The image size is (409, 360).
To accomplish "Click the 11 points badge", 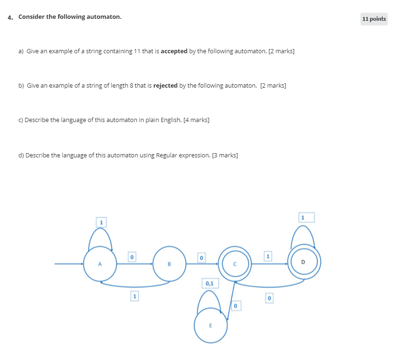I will coord(374,19).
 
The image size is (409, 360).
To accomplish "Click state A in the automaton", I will coord(100,264).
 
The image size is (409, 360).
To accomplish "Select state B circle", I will coord(169,264).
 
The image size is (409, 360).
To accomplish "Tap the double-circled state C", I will coord(235,264).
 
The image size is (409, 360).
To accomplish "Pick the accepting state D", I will coord(303,262).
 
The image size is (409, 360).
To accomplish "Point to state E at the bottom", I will coord(211,326).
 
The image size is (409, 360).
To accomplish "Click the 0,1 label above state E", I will coord(210,283).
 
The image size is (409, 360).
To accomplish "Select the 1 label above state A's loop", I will coord(100,221).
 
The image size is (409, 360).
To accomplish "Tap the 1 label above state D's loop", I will coord(303,218).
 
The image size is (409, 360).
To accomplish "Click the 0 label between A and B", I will coord(132,257).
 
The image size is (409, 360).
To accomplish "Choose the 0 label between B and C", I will coord(201,258).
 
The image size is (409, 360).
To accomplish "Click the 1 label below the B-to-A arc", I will coord(135,296).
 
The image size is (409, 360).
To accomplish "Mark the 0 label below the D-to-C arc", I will coord(269,298).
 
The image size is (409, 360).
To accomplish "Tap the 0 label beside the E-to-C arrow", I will coord(236,306).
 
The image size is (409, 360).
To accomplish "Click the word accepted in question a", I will coord(174,51).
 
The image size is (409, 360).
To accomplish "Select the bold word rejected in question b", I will coord(165,85).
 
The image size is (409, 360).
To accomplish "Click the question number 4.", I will coord(10,17).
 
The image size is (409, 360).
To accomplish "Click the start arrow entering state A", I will coord(69,264).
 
